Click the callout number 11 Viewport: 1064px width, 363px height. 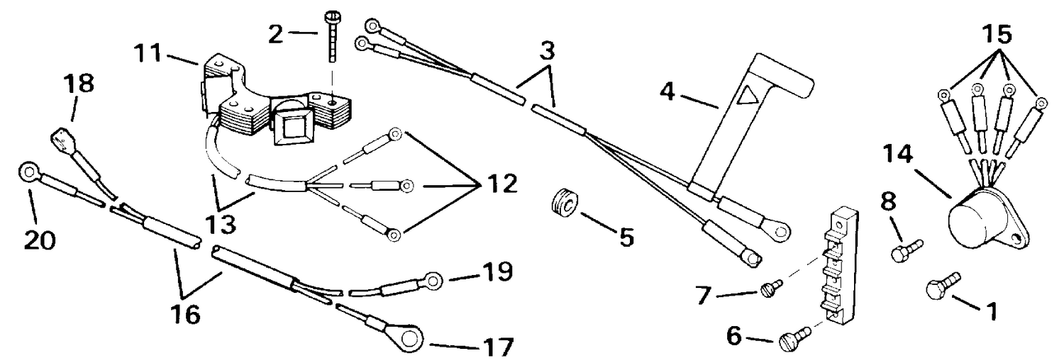tap(148, 53)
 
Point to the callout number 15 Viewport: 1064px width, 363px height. tap(997, 34)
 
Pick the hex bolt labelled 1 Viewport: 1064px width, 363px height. tap(943, 286)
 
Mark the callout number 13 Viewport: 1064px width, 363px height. tap(222, 225)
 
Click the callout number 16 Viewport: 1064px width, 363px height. tap(185, 314)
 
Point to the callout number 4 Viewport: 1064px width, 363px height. tap(667, 91)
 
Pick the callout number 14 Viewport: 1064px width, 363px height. tap(898, 155)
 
